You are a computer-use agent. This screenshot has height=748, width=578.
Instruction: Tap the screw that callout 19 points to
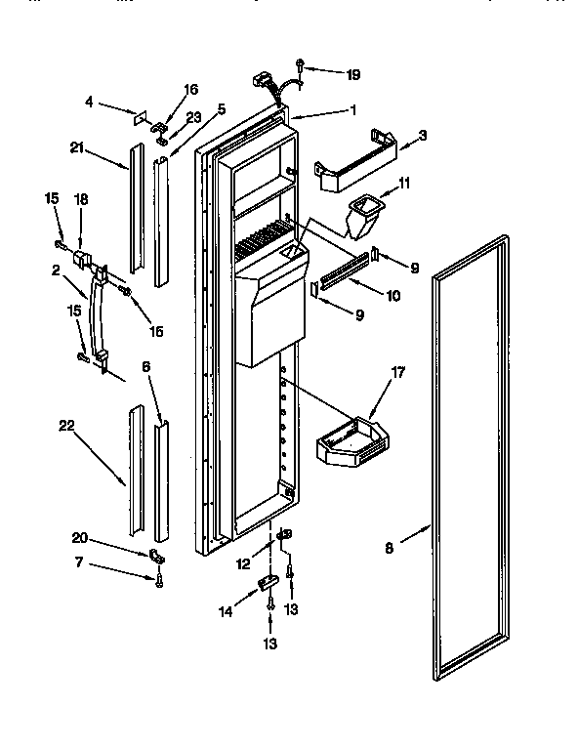tap(301, 67)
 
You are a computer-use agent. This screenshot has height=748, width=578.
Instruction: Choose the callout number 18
tap(82, 199)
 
